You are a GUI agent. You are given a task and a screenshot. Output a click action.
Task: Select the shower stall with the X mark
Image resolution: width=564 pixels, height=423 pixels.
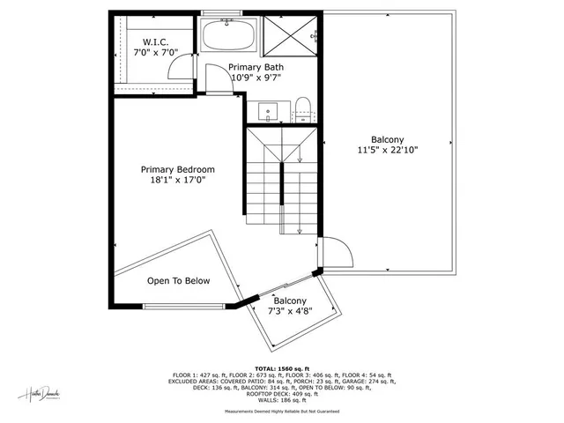pos(290,35)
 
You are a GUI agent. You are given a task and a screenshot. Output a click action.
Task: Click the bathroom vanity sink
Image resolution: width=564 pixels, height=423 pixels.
pos(267,112)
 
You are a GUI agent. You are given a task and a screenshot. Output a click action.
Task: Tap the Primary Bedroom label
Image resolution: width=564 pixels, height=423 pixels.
pos(178,169)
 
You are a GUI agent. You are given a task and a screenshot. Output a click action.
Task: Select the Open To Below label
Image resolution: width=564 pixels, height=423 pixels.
pos(178,281)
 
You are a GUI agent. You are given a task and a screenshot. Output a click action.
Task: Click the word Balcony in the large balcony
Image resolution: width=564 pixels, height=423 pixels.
pos(388,139)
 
